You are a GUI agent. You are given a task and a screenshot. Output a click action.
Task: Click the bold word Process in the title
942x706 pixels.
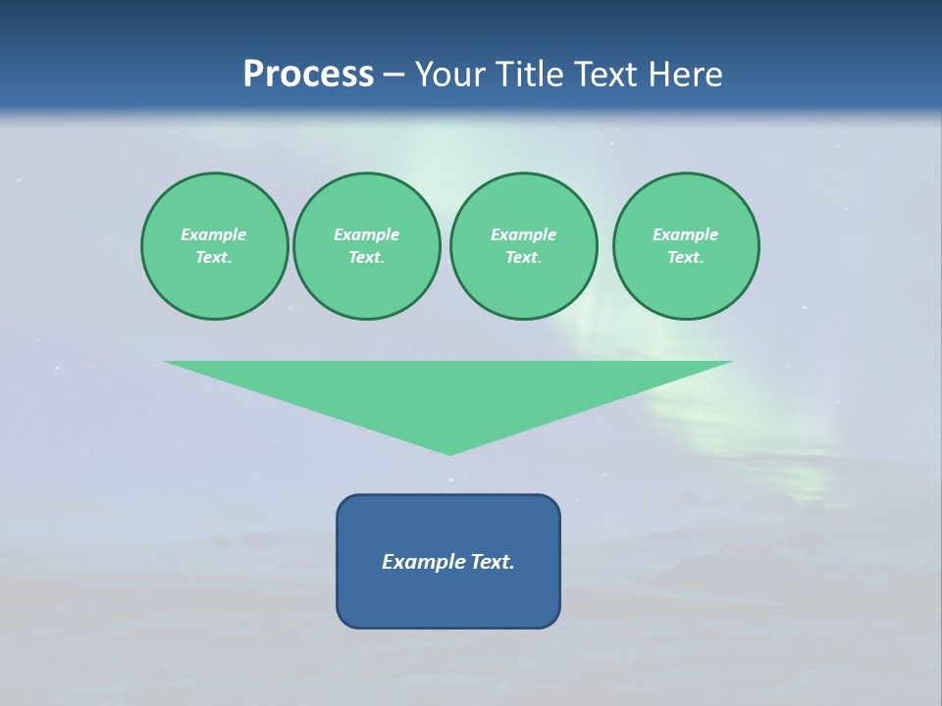[x=308, y=75]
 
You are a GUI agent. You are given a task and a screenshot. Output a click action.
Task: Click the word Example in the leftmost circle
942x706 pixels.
[x=214, y=234]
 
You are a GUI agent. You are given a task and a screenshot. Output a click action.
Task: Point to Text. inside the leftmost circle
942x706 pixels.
[x=214, y=257]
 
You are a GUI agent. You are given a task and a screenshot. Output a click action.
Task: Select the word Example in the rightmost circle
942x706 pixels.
[x=685, y=234]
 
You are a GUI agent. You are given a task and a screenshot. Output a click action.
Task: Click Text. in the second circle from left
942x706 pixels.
[x=366, y=257]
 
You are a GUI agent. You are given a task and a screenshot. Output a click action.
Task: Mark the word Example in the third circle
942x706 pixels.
[x=523, y=234]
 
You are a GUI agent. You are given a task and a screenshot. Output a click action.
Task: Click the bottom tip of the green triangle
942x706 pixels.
[x=449, y=452]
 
